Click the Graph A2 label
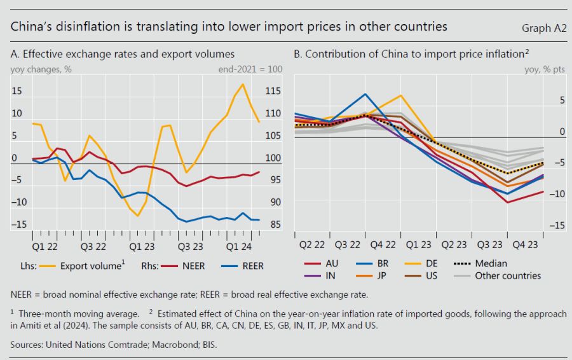click(543, 28)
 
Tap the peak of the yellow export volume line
click(243, 84)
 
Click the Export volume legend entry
click(91, 266)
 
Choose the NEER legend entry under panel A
click(193, 266)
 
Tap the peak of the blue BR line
click(365, 94)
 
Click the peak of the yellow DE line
click(401, 95)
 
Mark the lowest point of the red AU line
click(507, 202)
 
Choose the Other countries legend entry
click(507, 276)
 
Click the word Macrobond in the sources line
click(149, 345)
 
